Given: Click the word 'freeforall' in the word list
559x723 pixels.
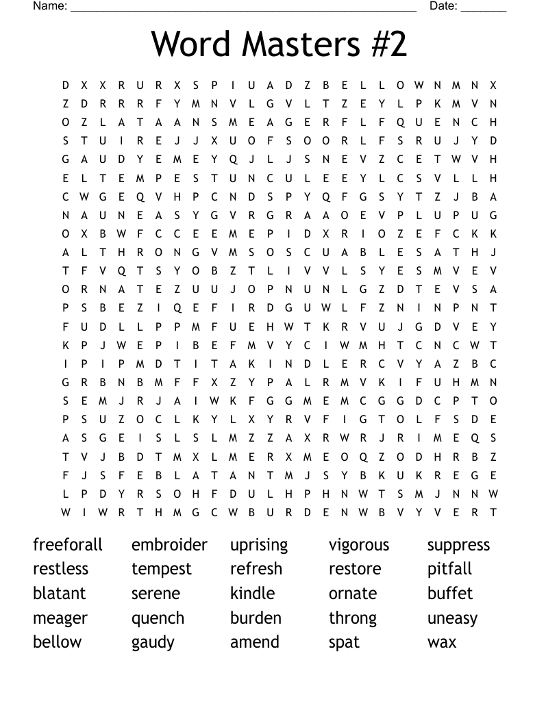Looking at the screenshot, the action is point(68,545).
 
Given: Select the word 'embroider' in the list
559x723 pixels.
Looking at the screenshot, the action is point(169,545).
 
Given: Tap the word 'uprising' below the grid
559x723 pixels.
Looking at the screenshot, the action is point(259,546).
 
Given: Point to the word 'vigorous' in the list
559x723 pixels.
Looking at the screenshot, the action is point(359,546).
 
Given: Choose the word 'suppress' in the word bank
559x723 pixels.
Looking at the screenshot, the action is point(459,546).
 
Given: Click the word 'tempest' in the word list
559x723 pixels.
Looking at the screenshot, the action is point(162,570).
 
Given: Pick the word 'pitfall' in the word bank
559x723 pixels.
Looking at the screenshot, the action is point(450,569).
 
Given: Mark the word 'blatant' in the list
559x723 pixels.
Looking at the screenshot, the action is point(60,593).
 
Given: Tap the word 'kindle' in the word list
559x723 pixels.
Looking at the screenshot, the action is point(252,593).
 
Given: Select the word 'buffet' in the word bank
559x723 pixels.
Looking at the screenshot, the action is point(450,593).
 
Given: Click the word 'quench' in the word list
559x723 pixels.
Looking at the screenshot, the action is point(158,618).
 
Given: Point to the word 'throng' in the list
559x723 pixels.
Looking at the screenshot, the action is point(353,618).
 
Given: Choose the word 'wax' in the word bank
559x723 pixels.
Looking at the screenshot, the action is point(442,642).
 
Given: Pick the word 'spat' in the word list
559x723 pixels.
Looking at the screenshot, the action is point(344,643).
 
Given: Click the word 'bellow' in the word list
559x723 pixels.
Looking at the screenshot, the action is point(57,642).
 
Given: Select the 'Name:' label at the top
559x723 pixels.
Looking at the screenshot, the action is point(50,6).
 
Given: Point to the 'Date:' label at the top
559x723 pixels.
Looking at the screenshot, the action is point(443,6).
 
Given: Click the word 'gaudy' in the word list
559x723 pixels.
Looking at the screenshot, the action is point(153,643).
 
